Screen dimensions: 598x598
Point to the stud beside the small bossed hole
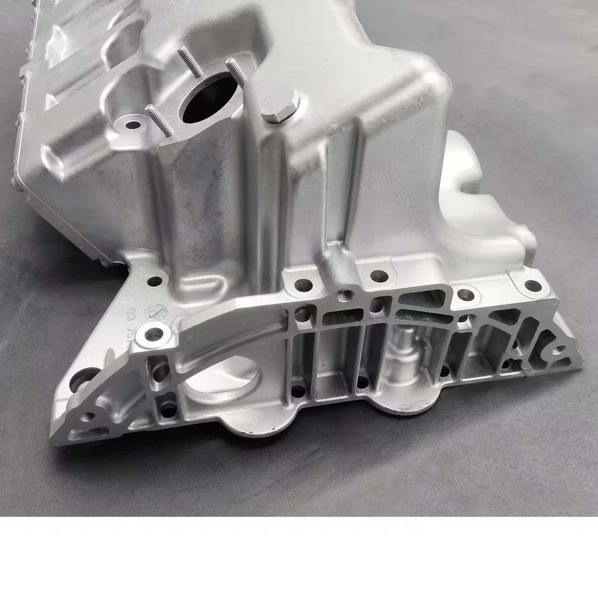159,120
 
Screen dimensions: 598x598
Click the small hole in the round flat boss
133,124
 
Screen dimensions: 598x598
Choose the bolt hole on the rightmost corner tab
533,285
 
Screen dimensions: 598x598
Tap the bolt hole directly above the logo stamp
154,281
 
